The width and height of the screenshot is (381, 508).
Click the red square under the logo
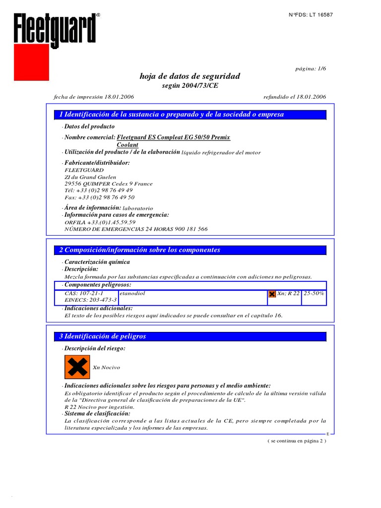[31, 62]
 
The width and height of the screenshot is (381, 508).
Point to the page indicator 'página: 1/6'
[311, 69]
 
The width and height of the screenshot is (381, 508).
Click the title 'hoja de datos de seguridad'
[190, 76]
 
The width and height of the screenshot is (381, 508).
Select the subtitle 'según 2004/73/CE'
[190, 85]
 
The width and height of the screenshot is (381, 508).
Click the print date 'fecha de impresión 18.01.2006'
[93, 97]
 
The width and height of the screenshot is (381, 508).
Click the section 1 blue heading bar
[190, 115]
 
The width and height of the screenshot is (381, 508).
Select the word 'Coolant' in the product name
[127, 144]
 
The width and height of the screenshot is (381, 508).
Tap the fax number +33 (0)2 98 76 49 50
[100, 197]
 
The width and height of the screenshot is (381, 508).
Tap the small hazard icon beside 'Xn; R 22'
[272, 294]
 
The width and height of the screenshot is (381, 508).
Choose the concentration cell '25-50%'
[314, 294]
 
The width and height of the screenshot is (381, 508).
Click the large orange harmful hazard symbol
[77, 367]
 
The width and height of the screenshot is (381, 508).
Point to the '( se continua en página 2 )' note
[297, 440]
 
